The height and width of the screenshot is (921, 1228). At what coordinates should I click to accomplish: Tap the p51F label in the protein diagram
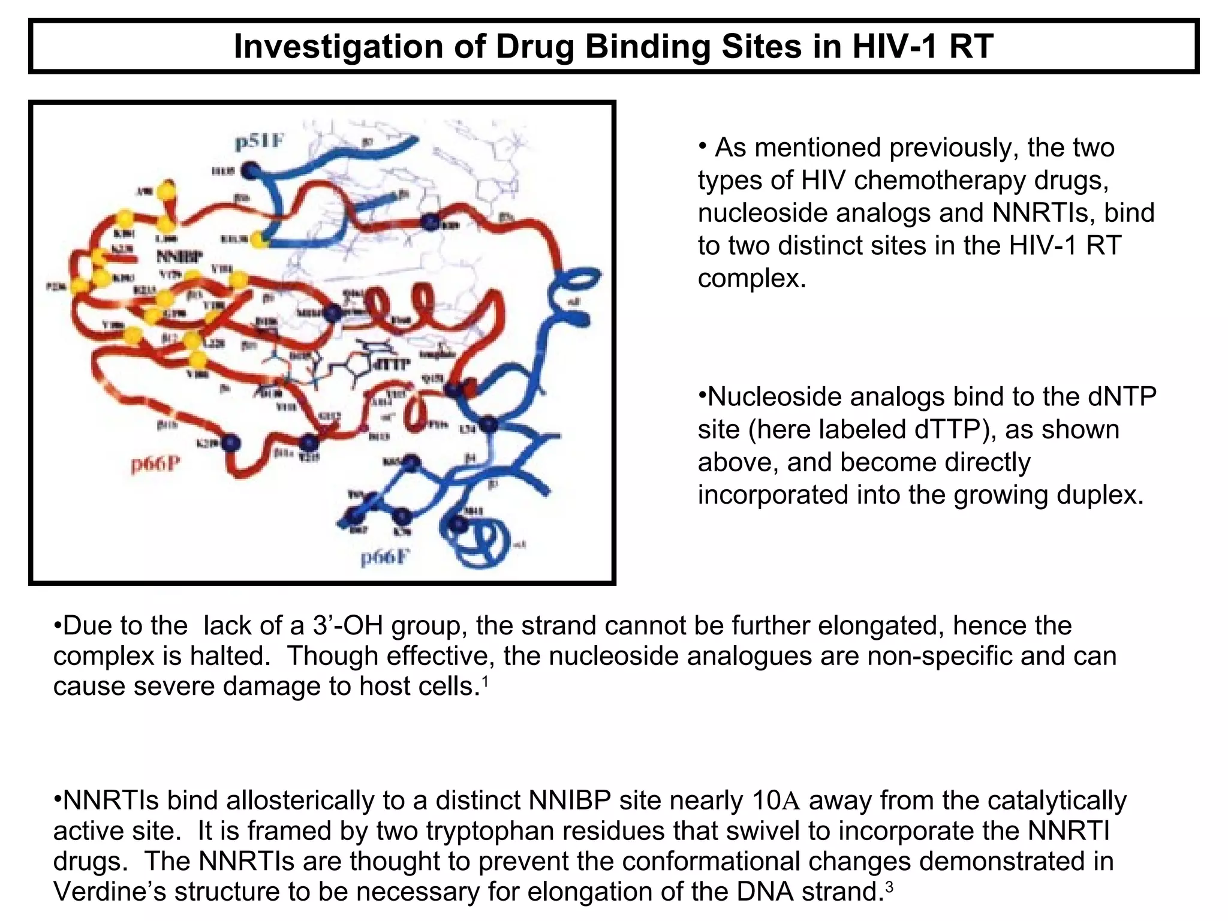pos(258,143)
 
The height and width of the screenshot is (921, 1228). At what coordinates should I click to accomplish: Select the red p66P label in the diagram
pos(155,464)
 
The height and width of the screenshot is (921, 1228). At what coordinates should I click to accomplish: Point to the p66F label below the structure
pos(384,558)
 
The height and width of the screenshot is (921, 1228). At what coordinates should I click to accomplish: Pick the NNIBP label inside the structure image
pos(179,257)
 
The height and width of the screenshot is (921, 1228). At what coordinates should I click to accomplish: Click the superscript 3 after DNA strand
pos(889,886)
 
